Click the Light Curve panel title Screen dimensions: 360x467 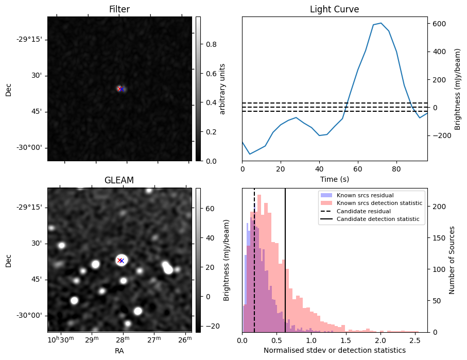[334, 10]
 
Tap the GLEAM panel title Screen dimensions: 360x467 [119, 180]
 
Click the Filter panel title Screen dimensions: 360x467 [119, 10]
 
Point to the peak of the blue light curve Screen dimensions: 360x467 [380, 23]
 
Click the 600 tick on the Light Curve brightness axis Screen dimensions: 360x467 [438, 24]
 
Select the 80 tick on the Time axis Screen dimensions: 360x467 [396, 168]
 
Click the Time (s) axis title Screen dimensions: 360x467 [334, 178]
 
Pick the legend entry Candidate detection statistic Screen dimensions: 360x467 [378, 219]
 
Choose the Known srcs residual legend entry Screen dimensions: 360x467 [365, 195]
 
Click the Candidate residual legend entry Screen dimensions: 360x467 [363, 211]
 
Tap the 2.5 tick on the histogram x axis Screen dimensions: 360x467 [414, 340]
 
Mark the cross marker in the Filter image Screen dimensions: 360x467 [120, 89]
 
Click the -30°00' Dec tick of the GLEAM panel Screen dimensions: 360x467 [31, 316]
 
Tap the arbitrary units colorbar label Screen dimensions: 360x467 [222, 89]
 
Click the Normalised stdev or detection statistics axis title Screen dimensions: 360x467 [334, 350]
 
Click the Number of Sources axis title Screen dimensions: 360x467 [452, 260]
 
